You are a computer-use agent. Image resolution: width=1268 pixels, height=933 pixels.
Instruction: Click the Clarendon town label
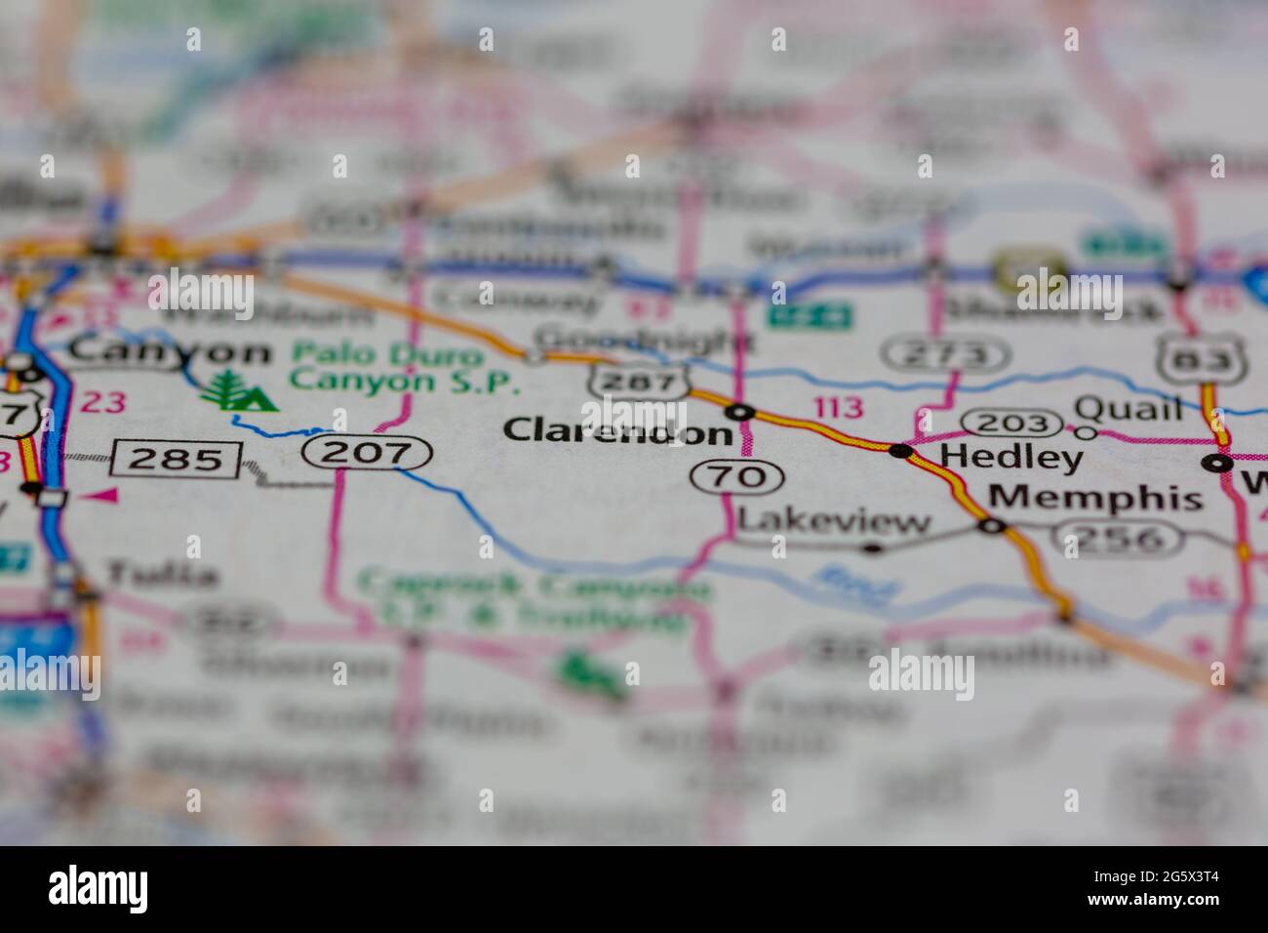click(617, 430)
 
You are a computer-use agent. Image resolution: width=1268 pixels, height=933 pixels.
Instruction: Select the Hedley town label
click(999, 458)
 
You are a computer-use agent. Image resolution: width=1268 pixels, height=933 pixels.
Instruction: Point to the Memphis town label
click(1095, 498)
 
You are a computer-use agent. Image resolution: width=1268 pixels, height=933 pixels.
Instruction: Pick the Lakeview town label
click(834, 522)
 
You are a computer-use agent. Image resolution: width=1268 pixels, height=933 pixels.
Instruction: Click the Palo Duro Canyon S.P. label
click(404, 368)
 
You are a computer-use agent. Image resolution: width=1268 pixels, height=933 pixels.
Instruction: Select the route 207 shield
click(367, 452)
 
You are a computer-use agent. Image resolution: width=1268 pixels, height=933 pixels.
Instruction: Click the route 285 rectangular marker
click(177, 458)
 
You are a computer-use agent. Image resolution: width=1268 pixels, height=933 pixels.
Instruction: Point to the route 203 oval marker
click(1011, 424)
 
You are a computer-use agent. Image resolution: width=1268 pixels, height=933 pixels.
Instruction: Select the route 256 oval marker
click(1127, 538)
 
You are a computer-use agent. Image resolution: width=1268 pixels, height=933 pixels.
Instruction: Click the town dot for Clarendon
click(743, 412)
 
